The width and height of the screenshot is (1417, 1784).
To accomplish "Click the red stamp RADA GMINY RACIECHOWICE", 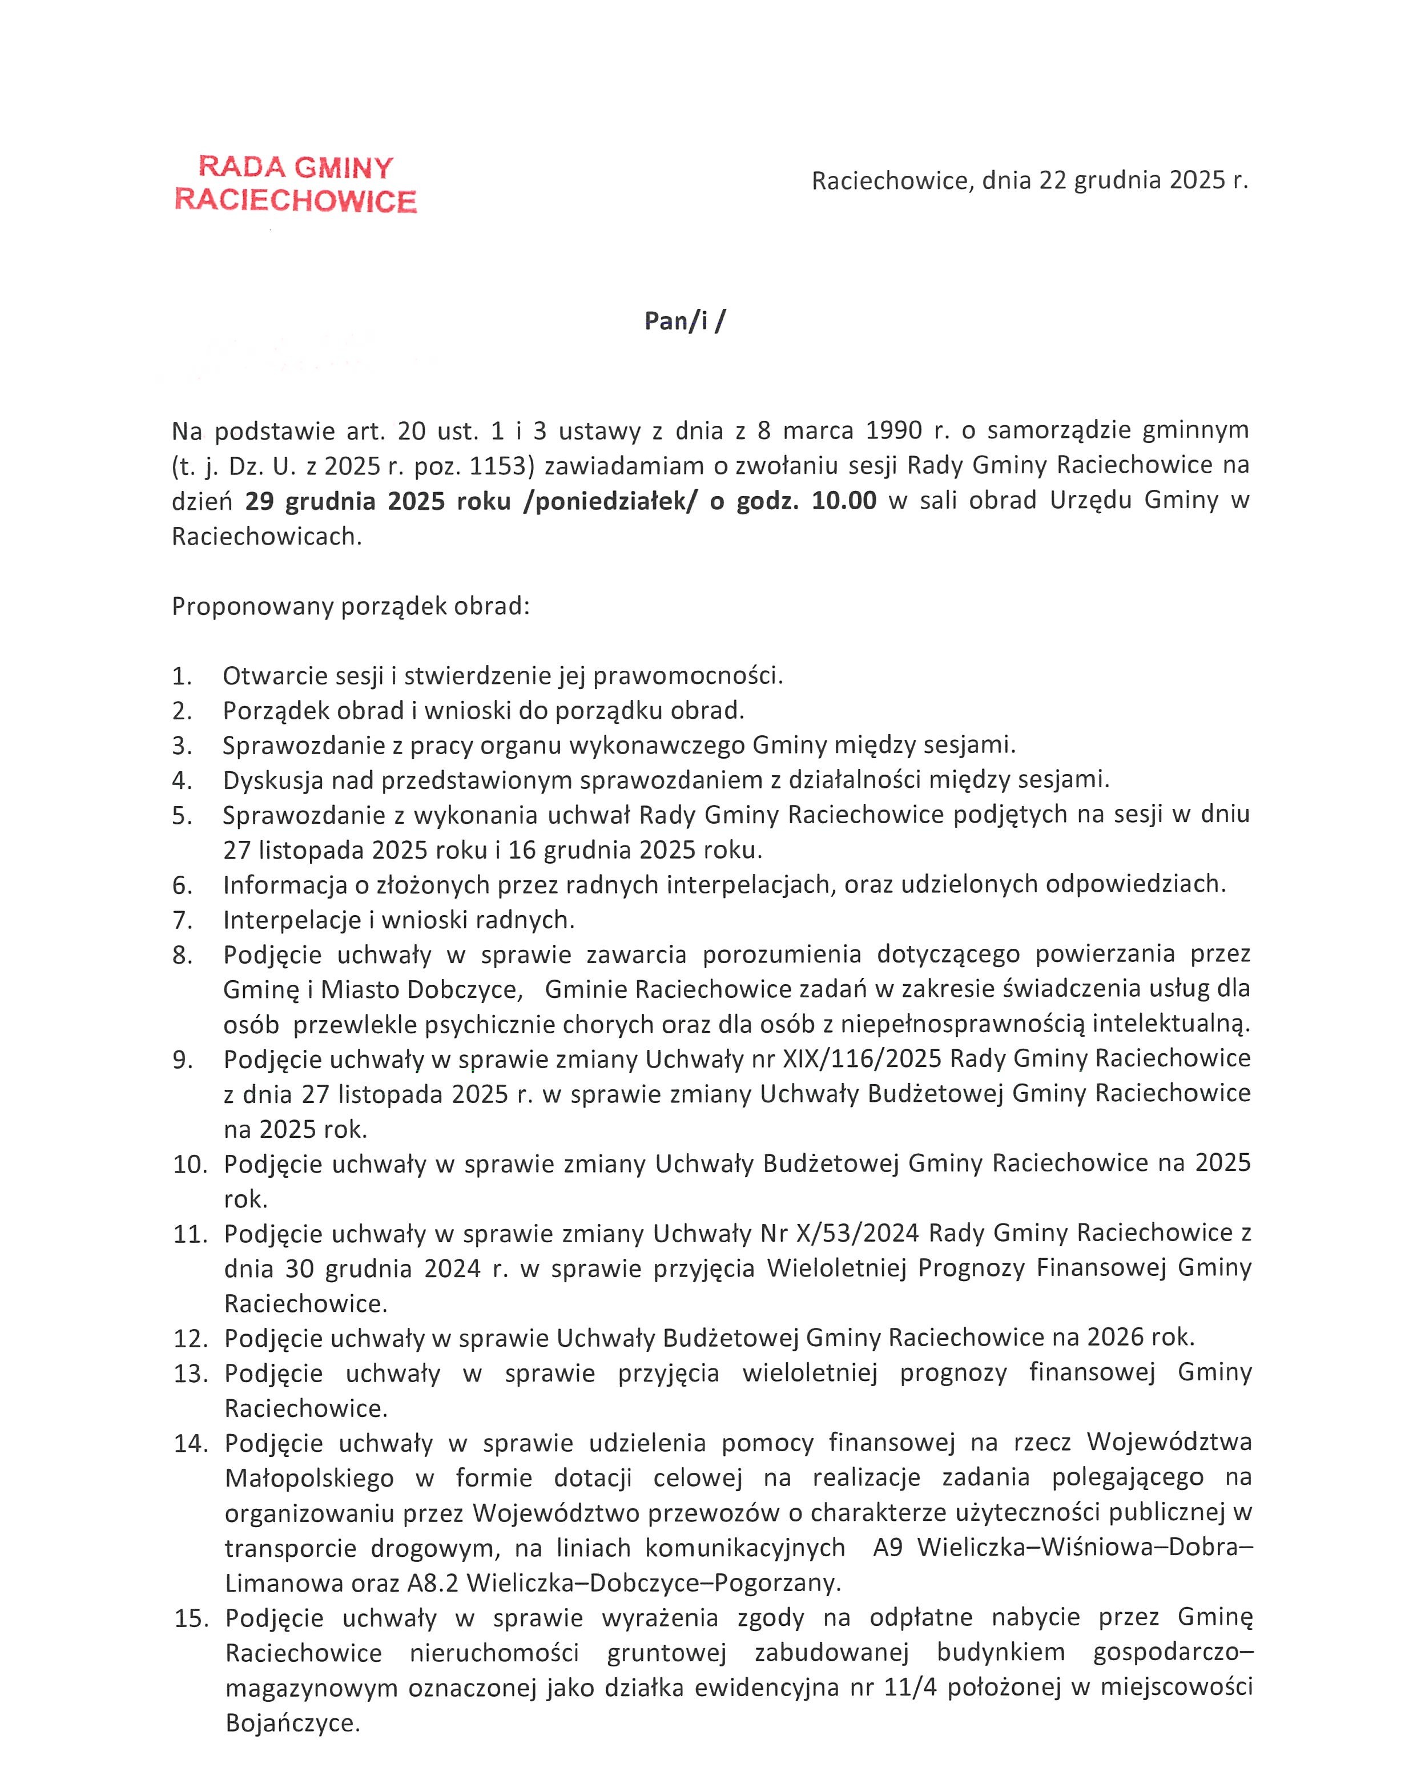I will click(x=296, y=184).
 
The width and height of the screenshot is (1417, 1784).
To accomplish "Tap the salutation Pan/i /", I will click(x=684, y=321).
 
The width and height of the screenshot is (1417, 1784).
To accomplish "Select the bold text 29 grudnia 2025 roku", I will click(x=377, y=501).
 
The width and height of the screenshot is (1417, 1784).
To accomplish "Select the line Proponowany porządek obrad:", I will click(x=350, y=606).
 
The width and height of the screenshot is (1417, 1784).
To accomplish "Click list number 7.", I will click(x=183, y=920).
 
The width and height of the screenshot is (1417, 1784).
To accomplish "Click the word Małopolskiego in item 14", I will click(x=309, y=1478).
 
